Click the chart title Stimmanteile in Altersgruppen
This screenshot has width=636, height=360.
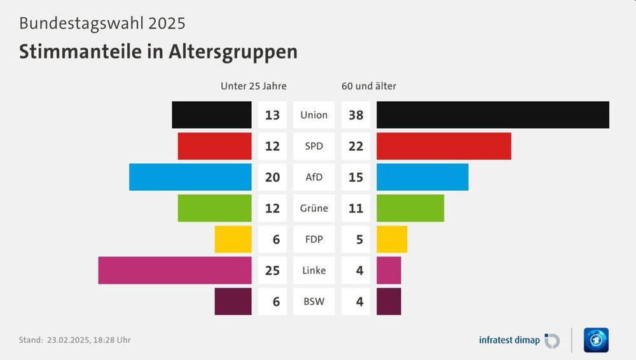point(158,52)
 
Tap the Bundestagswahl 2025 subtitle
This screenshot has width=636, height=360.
point(102,24)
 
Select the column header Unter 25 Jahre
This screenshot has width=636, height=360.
point(253,86)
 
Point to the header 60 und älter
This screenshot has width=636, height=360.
point(369,86)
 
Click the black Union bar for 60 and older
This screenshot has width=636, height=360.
point(492,115)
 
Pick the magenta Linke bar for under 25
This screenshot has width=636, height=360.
point(175,270)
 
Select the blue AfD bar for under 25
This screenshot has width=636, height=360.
point(190,177)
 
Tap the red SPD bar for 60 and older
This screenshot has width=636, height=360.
point(443,146)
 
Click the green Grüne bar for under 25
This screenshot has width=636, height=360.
point(214,208)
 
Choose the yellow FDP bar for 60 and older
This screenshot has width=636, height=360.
point(392,239)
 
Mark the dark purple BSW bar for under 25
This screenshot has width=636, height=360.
point(233,301)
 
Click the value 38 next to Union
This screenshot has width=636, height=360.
point(356,115)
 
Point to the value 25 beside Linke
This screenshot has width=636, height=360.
point(272,270)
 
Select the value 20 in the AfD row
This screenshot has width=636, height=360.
point(272,177)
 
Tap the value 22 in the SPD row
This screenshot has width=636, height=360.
point(356,146)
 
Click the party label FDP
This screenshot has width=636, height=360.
point(314,239)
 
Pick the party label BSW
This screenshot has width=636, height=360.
point(314,301)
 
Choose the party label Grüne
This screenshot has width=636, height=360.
point(314,208)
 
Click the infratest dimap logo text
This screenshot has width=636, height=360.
point(509,340)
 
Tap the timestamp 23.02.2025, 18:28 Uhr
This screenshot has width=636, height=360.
point(89,340)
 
